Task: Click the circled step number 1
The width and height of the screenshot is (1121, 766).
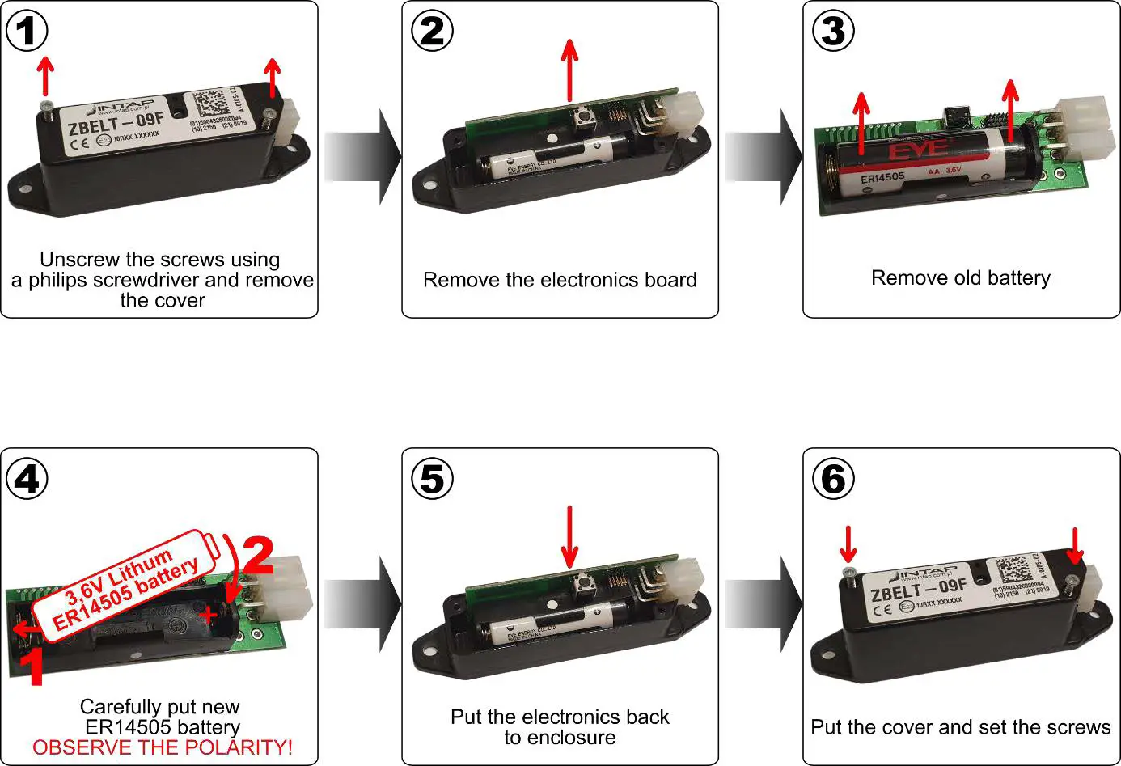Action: (27, 31)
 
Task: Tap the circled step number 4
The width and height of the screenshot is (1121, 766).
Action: (27, 479)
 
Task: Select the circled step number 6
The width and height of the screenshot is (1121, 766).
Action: (833, 479)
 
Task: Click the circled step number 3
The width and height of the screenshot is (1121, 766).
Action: (833, 31)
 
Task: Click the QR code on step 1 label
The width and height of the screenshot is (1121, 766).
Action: (209, 104)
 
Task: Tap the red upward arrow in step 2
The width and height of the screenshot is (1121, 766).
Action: (570, 71)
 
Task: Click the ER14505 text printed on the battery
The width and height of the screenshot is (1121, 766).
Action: (882, 177)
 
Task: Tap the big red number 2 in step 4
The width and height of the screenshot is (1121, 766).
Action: (258, 556)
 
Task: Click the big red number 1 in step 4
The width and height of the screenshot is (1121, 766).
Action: (32, 667)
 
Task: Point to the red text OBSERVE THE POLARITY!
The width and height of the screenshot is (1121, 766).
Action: (162, 747)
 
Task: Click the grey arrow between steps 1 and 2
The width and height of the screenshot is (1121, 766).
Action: (362, 157)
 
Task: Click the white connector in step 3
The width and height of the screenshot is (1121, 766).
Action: (1083, 129)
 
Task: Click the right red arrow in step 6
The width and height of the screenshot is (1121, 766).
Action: (1075, 546)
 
